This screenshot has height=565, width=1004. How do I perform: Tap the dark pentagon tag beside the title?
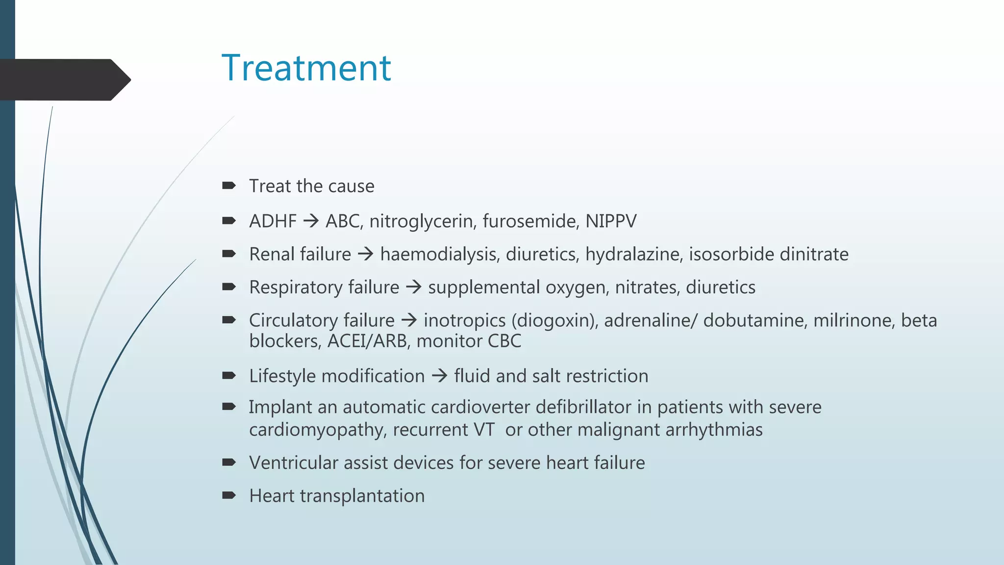point(64,79)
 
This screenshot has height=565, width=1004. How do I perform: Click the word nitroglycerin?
point(422,221)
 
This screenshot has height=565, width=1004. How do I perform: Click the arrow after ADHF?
point(311,221)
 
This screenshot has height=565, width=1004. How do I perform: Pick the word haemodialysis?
point(440,254)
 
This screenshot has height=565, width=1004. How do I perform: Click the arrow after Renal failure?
point(366,254)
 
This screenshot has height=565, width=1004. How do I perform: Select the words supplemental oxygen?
point(518,287)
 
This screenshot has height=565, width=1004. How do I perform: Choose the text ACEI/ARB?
point(368,341)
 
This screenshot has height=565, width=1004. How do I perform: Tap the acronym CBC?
point(504,341)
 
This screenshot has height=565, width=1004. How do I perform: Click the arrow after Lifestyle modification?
point(439,376)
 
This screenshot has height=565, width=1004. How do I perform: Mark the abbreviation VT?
point(484,430)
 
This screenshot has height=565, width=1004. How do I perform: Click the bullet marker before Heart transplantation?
point(228,495)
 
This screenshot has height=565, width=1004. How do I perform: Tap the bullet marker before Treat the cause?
point(228,185)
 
